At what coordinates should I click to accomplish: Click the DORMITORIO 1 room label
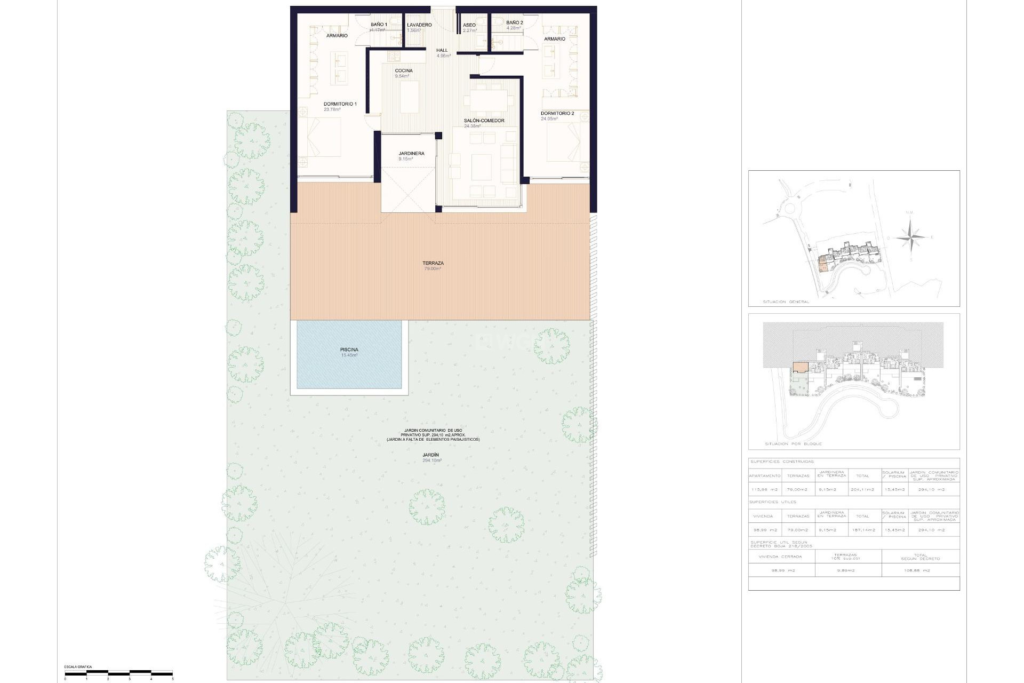point(340,104)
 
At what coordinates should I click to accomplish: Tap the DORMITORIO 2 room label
point(557,114)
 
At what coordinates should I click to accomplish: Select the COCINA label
point(403,71)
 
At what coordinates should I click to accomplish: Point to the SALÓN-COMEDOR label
point(484,121)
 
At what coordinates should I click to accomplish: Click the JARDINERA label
point(411,154)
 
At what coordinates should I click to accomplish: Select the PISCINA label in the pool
point(349,350)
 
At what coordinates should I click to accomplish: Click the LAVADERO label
point(419,25)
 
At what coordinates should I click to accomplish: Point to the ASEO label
point(469,25)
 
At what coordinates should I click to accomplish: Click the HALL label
point(442,51)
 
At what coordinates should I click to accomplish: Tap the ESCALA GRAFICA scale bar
point(118,673)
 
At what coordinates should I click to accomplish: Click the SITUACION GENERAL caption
point(787,302)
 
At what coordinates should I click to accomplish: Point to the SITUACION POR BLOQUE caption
point(793,444)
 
